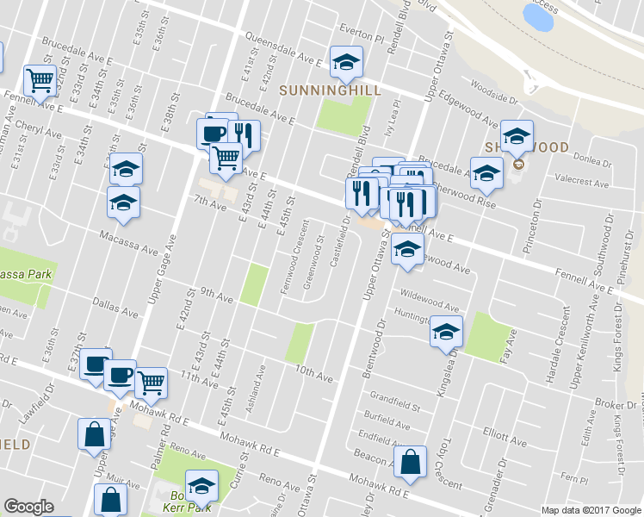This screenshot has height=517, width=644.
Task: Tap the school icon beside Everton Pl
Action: [346, 61]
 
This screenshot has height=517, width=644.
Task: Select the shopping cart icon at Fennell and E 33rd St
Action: [40, 80]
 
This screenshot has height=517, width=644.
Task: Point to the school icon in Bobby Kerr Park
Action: [201, 488]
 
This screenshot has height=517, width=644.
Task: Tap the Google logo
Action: [28, 507]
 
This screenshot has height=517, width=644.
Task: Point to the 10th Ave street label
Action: [313, 373]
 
